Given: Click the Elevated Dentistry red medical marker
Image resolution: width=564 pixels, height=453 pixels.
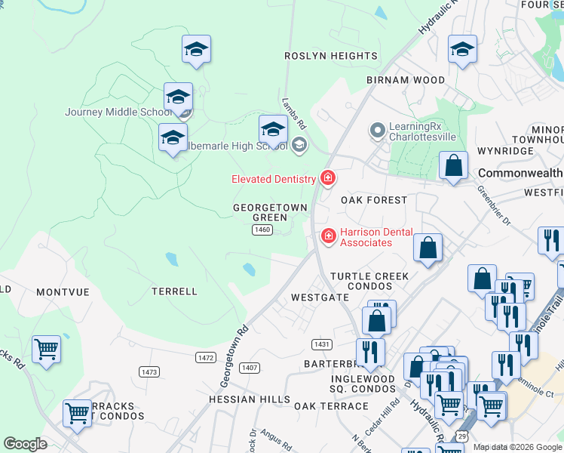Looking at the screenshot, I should coord(328,178).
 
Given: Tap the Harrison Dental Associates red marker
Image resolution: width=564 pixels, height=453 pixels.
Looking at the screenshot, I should coord(328,236).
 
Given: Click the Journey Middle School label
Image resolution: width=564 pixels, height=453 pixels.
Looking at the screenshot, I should coord(118,112).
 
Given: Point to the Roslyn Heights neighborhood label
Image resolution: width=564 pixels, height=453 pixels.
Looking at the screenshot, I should coord(330,56).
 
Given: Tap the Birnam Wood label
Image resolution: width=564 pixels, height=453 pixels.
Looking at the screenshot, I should coord(406,79).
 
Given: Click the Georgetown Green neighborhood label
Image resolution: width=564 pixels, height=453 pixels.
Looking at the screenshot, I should coord(270,212).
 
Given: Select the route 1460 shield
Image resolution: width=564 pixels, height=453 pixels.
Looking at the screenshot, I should coord(262,230).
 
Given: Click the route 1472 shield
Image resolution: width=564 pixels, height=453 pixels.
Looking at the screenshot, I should coord(205,357).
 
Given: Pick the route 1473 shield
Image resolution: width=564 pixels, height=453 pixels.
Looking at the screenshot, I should coord(149,371).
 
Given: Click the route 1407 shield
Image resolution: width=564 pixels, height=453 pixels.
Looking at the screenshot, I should coord(250,367).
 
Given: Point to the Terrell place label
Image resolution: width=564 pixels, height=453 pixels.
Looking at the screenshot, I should coord(174,291).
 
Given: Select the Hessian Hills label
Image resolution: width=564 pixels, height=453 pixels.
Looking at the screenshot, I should coord(250,399).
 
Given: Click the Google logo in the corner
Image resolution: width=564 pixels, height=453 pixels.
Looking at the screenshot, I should coord(25,444).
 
